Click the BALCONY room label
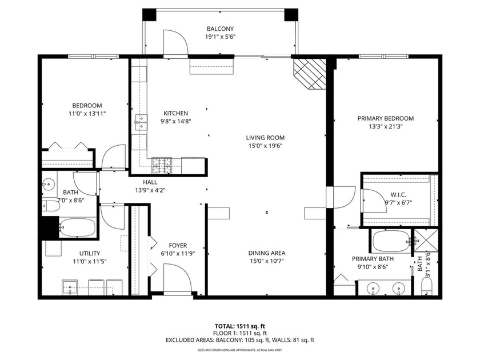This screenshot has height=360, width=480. click(x=220, y=29)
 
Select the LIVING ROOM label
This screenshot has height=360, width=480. click(x=265, y=138)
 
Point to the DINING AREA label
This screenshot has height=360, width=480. click(x=266, y=253)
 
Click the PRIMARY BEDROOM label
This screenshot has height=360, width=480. click(x=385, y=118)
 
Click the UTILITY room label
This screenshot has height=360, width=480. click(x=90, y=253)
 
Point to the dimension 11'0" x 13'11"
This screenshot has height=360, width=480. click(x=87, y=114)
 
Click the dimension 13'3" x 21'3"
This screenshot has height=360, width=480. click(x=385, y=127)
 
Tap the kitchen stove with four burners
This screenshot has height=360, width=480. click(x=162, y=166)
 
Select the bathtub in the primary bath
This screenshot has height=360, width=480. click(x=391, y=241)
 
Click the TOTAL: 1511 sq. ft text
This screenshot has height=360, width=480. click(x=239, y=326)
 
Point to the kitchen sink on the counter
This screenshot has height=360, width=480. click(x=138, y=120)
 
